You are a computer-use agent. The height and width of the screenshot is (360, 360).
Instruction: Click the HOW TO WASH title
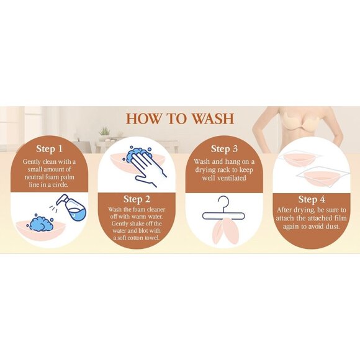coord(180,119)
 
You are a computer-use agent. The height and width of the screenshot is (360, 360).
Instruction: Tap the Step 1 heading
coord(50,149)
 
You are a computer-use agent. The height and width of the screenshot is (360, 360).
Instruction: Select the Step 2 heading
coord(137,199)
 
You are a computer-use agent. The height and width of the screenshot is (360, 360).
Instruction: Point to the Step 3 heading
coord(224,149)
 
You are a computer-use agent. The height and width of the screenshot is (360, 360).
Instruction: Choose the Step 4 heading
coord(312,199)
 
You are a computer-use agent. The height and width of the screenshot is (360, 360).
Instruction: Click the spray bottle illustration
coord(71,208)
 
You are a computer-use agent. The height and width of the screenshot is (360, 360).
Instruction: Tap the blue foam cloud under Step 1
coord(40,223)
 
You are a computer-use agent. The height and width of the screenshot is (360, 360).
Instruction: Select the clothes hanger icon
coord(223,210)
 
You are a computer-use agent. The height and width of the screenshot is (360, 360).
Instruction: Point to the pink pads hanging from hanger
coord(226,230)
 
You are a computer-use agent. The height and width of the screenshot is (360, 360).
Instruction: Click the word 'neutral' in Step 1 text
coord(34,178)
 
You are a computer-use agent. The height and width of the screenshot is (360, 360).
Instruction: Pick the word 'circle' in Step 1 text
coord(60,184)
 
